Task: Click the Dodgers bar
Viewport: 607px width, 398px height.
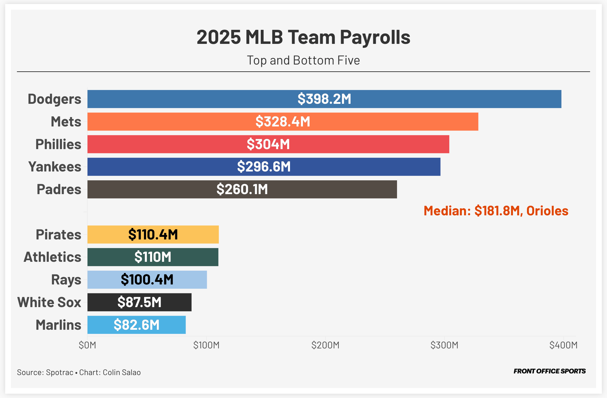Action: coord(324,99)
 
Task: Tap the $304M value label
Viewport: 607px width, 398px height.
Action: coord(268,144)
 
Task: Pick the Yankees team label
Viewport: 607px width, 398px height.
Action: coord(55,167)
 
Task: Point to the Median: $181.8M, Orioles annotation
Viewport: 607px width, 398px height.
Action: coord(496,211)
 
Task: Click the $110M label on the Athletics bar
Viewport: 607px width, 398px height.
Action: coord(153,257)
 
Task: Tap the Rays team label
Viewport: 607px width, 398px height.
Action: coord(66,280)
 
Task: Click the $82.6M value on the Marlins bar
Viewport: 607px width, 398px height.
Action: coord(137,325)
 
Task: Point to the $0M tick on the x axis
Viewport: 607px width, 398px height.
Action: coord(87,345)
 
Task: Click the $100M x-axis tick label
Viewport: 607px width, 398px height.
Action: coord(206,345)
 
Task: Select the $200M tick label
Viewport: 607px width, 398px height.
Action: coord(325,345)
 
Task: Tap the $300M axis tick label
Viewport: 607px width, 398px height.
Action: coord(444,345)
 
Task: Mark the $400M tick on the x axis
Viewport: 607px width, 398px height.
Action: coord(563,345)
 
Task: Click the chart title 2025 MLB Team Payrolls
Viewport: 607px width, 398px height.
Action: coord(303,37)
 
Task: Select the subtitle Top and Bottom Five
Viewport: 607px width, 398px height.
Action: coord(303,60)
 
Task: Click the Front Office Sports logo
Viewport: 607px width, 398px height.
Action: coord(549,371)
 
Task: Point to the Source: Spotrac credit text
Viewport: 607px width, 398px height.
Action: coord(45,372)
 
